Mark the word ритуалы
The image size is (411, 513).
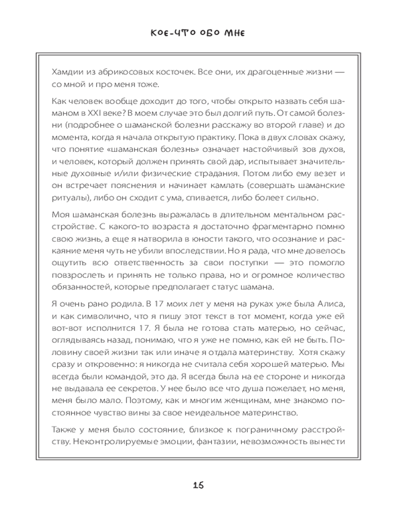71,198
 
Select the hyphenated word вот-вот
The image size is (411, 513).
66,326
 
